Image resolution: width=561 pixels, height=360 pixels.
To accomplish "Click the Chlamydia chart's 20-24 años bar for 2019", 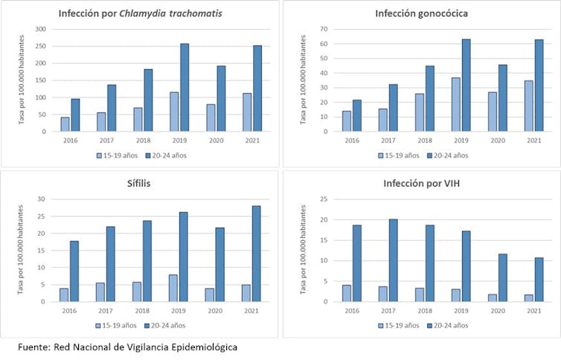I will [x=185, y=87].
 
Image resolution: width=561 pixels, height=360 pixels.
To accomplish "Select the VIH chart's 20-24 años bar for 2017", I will [x=394, y=260].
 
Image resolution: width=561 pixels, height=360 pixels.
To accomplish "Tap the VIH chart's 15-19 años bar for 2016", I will [x=346, y=293].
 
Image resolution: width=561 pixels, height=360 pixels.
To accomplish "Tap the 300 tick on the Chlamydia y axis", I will [x=39, y=29].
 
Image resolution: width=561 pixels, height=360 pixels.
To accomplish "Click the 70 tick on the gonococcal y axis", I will [x=324, y=29].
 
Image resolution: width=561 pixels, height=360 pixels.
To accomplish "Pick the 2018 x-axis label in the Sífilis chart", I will [x=137, y=311].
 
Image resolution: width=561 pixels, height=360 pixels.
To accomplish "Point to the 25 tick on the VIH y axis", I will [x=324, y=199].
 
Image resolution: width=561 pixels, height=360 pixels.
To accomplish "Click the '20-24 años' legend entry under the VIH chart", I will [x=450, y=325].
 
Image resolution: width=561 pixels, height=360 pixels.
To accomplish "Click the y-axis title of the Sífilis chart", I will [x=22, y=250].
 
